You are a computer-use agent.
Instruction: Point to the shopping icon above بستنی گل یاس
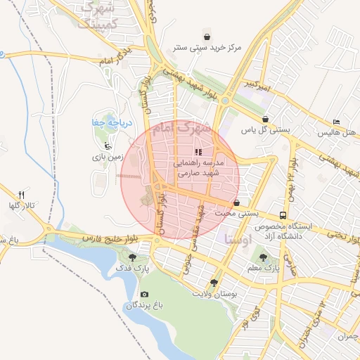pyautogui.click(x=265, y=119)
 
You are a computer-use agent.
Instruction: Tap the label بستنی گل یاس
pyautogui.click(x=266, y=130)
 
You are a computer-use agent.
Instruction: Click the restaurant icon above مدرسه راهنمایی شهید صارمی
pyautogui.click(x=199, y=151)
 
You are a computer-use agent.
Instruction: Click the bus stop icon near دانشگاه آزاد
pyautogui.click(x=283, y=215)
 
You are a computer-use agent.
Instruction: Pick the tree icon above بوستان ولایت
pyautogui.click(x=214, y=282)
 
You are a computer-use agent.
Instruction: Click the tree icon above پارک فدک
pyautogui.click(x=132, y=257)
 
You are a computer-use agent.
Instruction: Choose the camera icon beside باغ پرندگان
pyautogui.click(x=145, y=294)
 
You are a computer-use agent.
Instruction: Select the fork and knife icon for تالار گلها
pyautogui.click(x=22, y=194)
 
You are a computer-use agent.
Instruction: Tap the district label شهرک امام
pyautogui.click(x=186, y=129)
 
